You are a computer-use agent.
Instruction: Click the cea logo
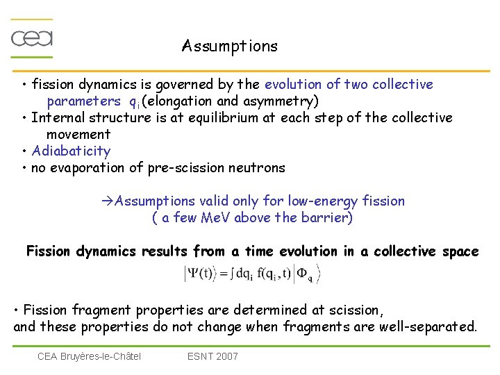(x=32, y=37)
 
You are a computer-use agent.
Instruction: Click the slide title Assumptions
(x=229, y=47)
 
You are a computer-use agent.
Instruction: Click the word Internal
(x=56, y=118)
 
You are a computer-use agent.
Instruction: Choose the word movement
(x=78, y=135)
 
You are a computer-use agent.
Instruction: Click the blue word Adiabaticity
(x=71, y=151)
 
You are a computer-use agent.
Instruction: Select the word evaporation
(x=84, y=168)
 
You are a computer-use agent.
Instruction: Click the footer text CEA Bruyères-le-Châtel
(x=89, y=356)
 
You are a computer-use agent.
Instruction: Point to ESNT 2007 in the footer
(x=212, y=356)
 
